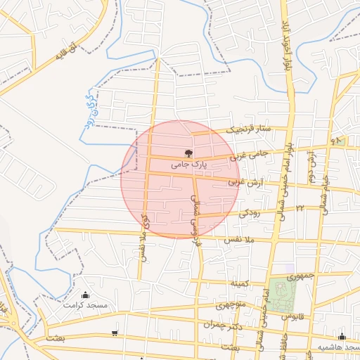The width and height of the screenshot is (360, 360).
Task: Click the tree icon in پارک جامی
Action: click(x=188, y=153)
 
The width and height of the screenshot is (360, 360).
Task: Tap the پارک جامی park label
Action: click(x=191, y=165)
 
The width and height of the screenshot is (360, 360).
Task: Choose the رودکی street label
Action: click(x=250, y=211)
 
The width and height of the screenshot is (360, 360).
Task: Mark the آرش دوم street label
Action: click(x=310, y=166)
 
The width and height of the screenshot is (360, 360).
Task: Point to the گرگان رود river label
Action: click(x=86, y=112)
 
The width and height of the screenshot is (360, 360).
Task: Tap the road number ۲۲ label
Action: click(x=300, y=208)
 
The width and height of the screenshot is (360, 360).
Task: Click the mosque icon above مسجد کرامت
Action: click(x=86, y=295)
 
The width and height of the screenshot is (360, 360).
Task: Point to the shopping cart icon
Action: click(x=115, y=333)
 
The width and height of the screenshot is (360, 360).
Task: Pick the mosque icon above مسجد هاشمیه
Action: click(x=342, y=336)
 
